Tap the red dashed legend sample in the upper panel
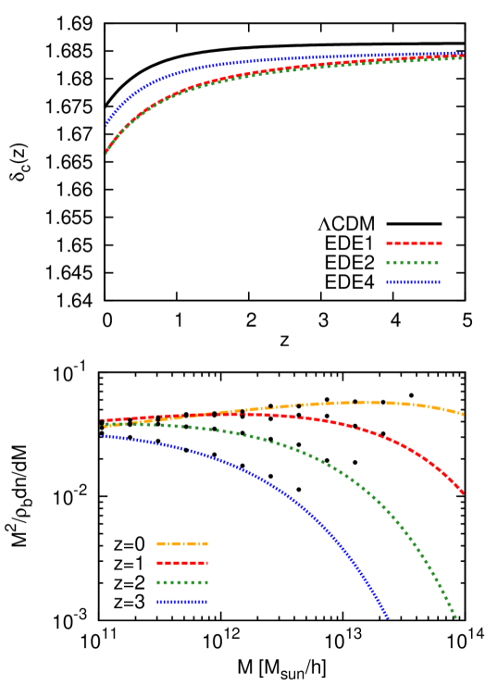414,243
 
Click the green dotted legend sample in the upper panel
414,263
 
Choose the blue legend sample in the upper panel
414,282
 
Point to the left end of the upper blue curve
106,124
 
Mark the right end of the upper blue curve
463,54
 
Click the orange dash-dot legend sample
182,543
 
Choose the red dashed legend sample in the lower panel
182,563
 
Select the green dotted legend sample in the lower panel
182,582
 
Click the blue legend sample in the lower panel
182,602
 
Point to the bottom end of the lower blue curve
388,617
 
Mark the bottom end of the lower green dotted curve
455,617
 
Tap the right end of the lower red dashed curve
463,492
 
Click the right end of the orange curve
463,414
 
